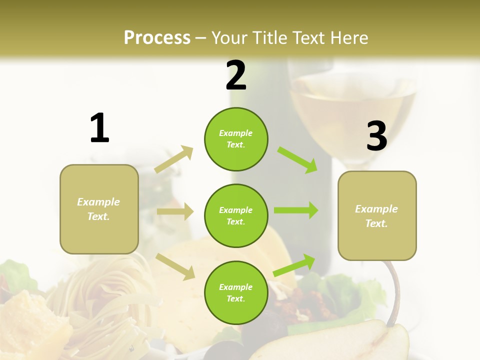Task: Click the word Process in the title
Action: pos(157,37)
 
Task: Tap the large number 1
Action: pos(99,128)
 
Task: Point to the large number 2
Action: pos(236,75)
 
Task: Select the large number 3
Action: pos(376,136)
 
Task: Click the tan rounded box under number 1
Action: pos(99,209)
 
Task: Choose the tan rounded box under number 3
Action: pos(377,215)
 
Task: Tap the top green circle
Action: pos(236,139)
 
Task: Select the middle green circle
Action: pos(236,215)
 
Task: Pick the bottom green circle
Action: pos(236,292)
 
